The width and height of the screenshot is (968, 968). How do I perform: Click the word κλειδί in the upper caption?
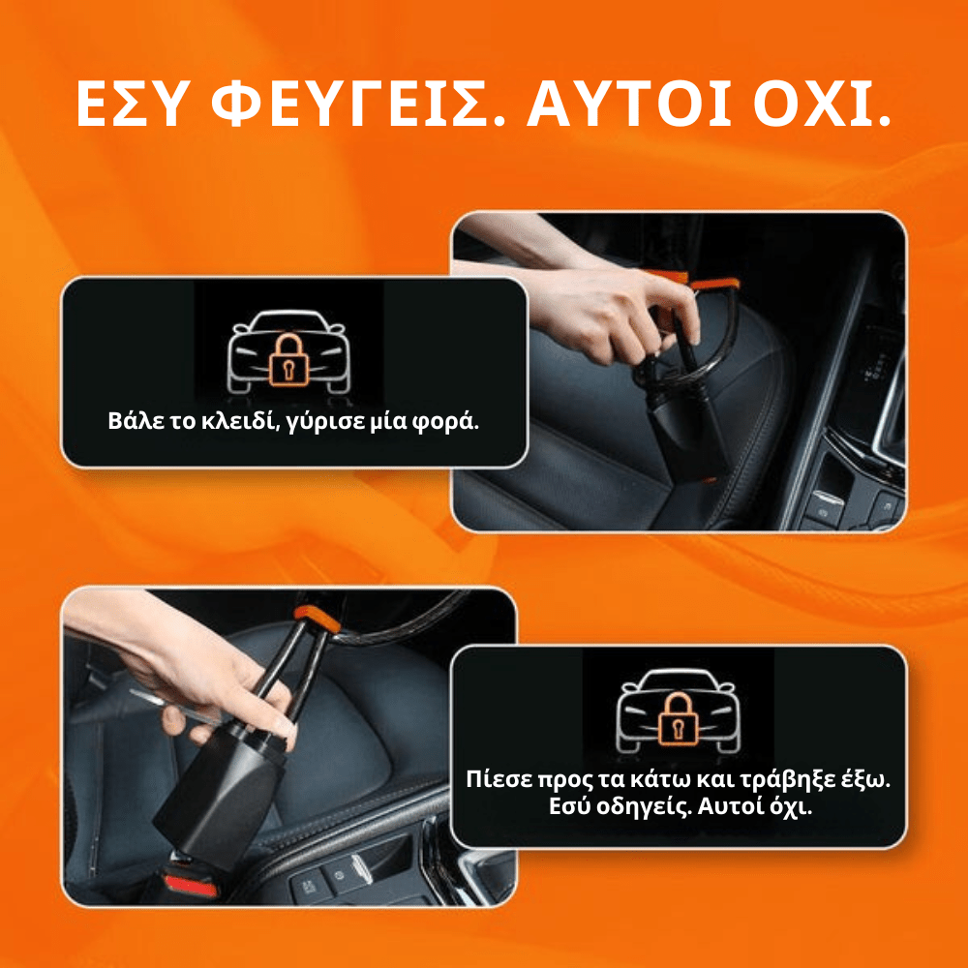pos(230,423)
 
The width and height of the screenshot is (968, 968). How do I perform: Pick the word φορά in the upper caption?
pos(447,423)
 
